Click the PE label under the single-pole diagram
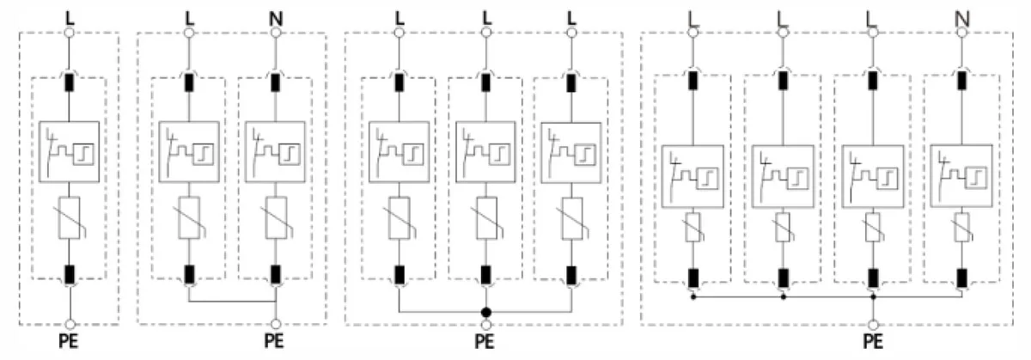pyautogui.click(x=69, y=341)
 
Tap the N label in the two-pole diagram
pyautogui.click(x=276, y=19)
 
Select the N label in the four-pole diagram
pyautogui.click(x=962, y=19)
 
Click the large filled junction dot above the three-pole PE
pyautogui.click(x=485, y=313)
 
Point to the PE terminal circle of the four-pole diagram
pyautogui.click(x=873, y=325)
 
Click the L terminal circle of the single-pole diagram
pyautogui.click(x=69, y=33)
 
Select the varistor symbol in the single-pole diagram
pyautogui.click(x=70, y=217)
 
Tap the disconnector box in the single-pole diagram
pyautogui.click(x=69, y=151)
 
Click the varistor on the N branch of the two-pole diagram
pyautogui.click(x=276, y=217)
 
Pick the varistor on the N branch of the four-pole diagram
pyautogui.click(x=961, y=227)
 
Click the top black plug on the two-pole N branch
pyautogui.click(x=275, y=82)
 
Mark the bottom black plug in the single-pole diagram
pyautogui.click(x=70, y=274)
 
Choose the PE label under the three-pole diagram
pyautogui.click(x=485, y=341)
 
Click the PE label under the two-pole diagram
pyautogui.click(x=274, y=341)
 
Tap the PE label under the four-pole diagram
pyautogui.click(x=873, y=341)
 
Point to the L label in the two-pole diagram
pyautogui.click(x=189, y=19)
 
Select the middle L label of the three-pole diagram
pyautogui.click(x=486, y=19)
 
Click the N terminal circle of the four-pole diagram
pyautogui.click(x=961, y=33)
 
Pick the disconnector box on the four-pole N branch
pyautogui.click(x=961, y=176)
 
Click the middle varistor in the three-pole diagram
pyautogui.click(x=486, y=218)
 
